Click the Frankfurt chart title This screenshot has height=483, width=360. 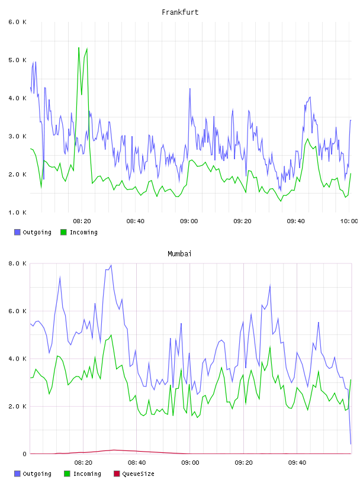180,12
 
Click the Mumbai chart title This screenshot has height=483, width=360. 179,254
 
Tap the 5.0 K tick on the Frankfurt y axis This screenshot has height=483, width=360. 17,60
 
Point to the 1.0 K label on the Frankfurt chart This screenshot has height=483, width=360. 17,212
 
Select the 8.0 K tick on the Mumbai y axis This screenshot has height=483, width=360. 17,263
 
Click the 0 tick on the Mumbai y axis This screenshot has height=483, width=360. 24,454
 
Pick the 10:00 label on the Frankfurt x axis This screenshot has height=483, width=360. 349,221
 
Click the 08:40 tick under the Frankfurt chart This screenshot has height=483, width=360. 136,221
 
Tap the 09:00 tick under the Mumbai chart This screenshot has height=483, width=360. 190,463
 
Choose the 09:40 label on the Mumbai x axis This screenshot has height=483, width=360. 297,463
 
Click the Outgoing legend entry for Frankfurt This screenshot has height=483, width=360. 33,232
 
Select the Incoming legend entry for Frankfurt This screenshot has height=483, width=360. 79,232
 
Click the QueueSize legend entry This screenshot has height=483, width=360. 134,474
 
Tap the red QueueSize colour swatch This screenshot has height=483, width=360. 117,474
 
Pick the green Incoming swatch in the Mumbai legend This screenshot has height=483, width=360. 67,474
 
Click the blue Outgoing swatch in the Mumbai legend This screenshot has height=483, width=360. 17,474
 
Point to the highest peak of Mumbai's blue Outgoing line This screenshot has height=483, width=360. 111,265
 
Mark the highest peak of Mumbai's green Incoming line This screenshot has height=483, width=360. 111,335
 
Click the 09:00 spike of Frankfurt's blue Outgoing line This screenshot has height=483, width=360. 190,89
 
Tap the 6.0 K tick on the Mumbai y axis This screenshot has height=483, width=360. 17,311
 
